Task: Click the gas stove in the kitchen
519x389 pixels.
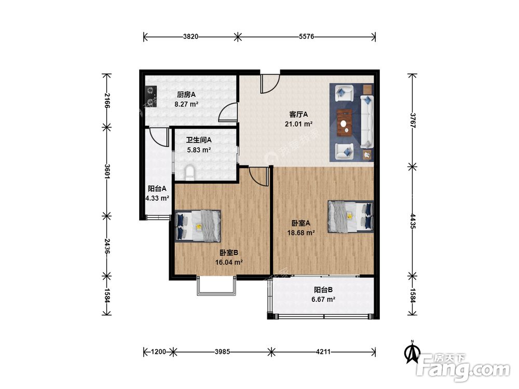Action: (x=151, y=96)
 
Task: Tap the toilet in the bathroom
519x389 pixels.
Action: (x=190, y=173)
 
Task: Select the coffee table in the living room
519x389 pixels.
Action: (x=345, y=122)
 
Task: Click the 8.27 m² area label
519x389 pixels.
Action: (x=186, y=104)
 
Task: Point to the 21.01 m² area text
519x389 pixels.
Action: (x=298, y=124)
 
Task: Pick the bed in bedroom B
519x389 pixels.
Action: (x=198, y=226)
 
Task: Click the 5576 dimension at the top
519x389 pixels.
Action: (x=306, y=36)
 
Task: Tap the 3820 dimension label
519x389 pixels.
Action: (x=190, y=36)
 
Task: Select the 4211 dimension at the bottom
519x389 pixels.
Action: (x=323, y=352)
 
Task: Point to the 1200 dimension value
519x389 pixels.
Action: (x=158, y=352)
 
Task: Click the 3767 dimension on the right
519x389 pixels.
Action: (x=413, y=120)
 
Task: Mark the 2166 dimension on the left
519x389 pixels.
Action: (x=106, y=101)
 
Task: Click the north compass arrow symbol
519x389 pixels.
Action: (x=413, y=353)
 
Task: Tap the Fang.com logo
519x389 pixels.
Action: (x=463, y=367)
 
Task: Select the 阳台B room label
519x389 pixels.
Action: (x=323, y=290)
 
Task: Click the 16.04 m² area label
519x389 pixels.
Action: (x=229, y=262)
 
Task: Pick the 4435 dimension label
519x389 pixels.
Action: (x=413, y=221)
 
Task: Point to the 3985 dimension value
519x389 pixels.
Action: (x=222, y=352)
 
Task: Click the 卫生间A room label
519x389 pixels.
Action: (x=199, y=140)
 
